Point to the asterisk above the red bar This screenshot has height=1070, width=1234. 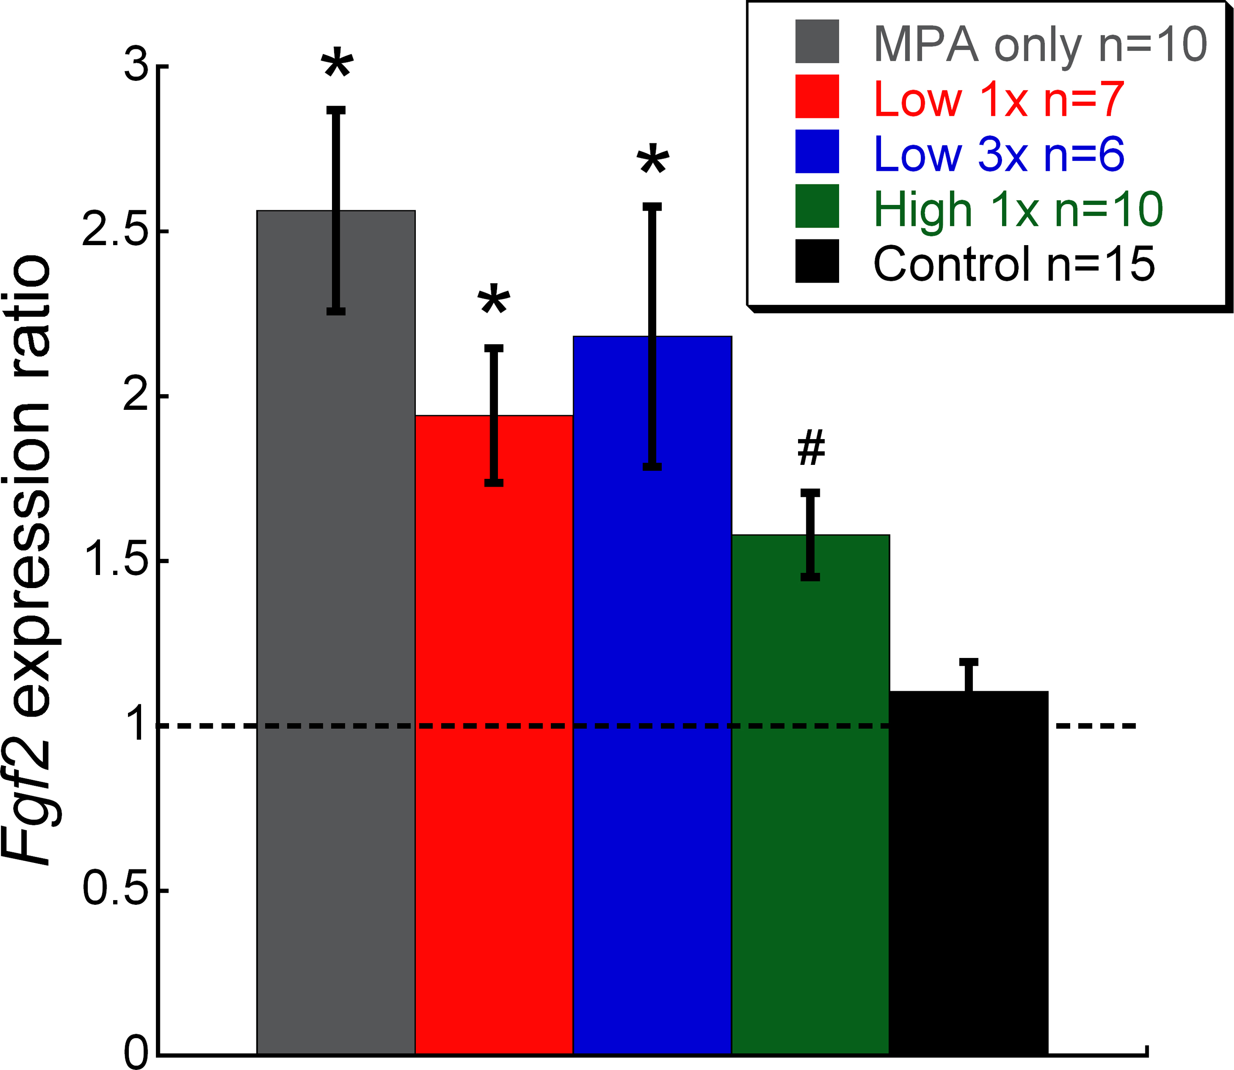[x=494, y=301]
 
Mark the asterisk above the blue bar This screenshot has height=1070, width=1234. [x=653, y=160]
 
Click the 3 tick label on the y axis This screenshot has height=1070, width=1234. [x=136, y=66]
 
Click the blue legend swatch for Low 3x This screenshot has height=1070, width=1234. [x=817, y=151]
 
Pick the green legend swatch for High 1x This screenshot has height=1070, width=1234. [x=817, y=206]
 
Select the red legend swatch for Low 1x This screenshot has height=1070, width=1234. [x=817, y=96]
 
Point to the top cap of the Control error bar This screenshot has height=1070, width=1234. [x=968, y=661]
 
